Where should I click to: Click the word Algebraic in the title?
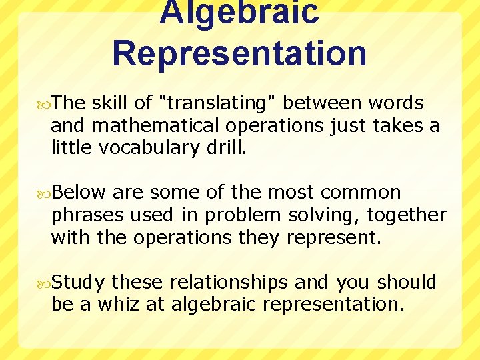[239, 12]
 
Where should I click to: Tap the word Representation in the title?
[239, 53]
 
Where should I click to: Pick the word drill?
[225, 147]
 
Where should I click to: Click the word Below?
[79, 193]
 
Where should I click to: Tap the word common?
[361, 193]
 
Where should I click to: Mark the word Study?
[78, 283]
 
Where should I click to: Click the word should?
[407, 283]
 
